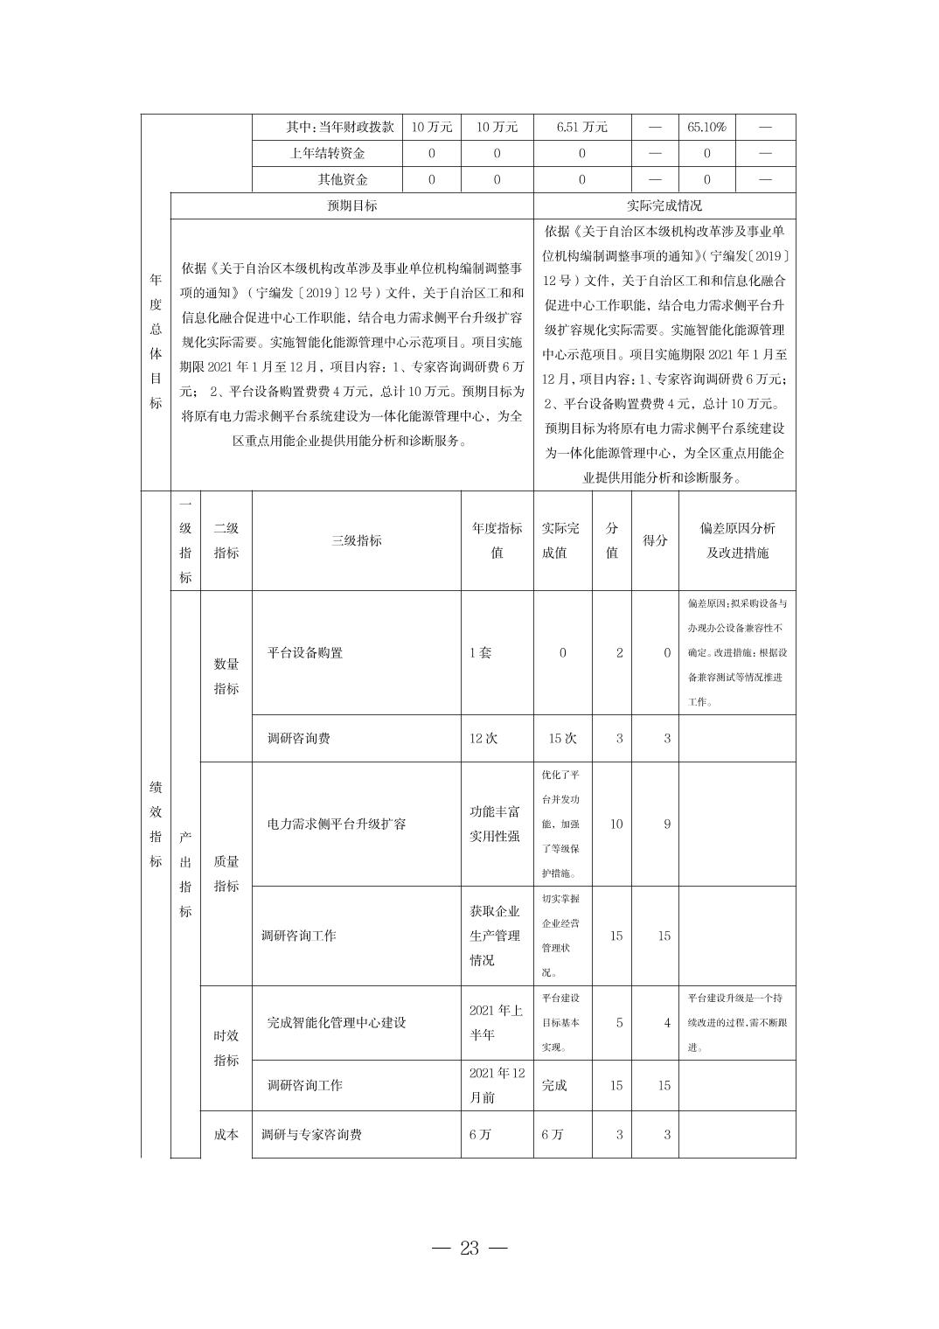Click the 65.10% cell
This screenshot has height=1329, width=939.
pos(706,127)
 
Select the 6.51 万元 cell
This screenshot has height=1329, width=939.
pos(581,127)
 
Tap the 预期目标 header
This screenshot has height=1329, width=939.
pos(351,205)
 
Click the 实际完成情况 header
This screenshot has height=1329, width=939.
pos(664,205)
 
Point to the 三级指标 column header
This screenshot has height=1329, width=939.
pos(356,540)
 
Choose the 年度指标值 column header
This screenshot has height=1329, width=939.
pos(497,540)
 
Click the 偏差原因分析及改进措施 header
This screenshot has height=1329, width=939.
pos(737,540)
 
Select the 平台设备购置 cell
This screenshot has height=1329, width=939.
pos(305,653)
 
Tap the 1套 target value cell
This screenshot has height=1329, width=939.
pos(481,653)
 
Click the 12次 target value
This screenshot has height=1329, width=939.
pos(483,738)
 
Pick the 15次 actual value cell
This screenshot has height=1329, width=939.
pos(562,738)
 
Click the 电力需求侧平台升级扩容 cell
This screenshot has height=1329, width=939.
pos(337,824)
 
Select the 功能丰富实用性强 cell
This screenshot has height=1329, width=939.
pos(495,824)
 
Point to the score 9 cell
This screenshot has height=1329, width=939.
pos(666,824)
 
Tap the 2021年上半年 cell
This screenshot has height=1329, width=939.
pos(496,1023)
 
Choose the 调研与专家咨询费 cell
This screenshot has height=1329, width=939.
pos(311,1135)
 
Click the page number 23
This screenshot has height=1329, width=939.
pos(469,1248)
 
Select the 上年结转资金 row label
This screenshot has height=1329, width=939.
pos(327,153)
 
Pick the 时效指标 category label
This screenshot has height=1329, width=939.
pos(226,1047)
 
